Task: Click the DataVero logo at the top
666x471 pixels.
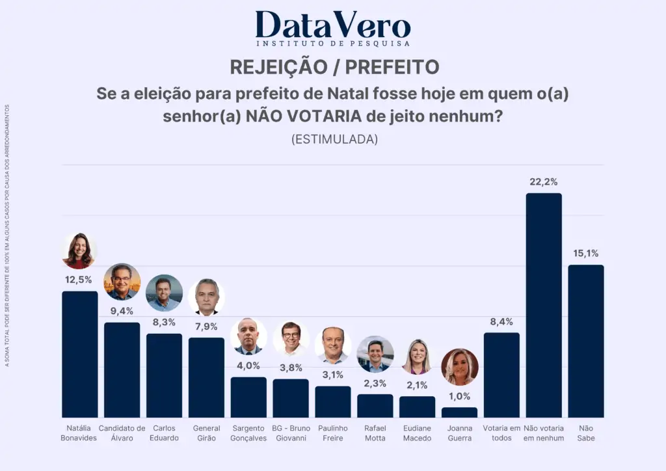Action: tap(333, 28)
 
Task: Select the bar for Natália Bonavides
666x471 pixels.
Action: tap(80, 354)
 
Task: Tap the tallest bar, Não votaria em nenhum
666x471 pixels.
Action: tap(544, 305)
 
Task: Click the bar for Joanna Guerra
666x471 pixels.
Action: tap(459, 412)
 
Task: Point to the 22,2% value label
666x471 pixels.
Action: tap(544, 182)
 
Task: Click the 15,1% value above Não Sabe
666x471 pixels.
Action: tap(585, 254)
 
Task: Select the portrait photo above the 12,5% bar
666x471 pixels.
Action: tap(79, 251)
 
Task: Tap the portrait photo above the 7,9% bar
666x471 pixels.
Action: tap(206, 297)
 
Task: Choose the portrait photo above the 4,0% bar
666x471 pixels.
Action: tap(248, 336)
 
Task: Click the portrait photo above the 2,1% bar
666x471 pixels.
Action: tap(417, 357)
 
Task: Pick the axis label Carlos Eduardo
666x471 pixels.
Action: tap(164, 433)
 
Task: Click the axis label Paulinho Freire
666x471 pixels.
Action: tap(333, 433)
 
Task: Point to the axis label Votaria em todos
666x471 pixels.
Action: tap(501, 433)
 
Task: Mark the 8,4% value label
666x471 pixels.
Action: tap(501, 321)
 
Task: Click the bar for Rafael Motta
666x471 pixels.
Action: tap(375, 406)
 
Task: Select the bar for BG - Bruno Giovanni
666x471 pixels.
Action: tap(291, 398)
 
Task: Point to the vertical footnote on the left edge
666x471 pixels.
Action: tap(7, 235)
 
